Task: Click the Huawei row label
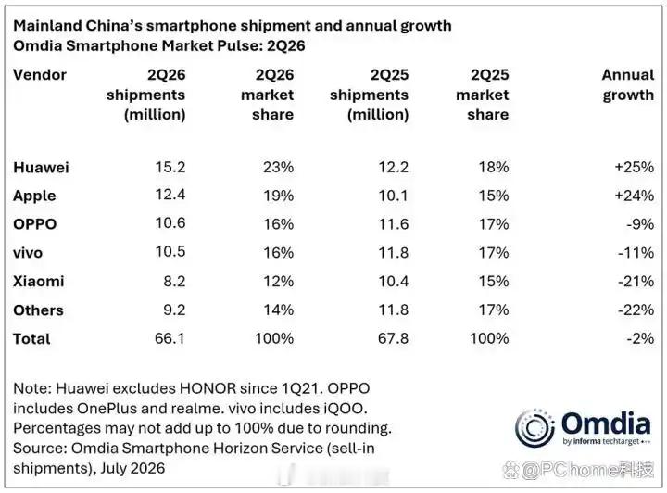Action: (x=41, y=167)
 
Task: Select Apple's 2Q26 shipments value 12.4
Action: (x=170, y=195)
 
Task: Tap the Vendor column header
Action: (x=40, y=75)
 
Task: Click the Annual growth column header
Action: (x=628, y=84)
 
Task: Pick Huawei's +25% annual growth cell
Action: (x=635, y=167)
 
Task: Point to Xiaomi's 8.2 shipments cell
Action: (x=174, y=281)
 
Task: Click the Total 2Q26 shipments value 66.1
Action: (x=170, y=338)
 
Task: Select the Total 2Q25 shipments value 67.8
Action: (x=393, y=338)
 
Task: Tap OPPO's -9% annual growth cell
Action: (x=640, y=223)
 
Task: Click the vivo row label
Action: (x=28, y=253)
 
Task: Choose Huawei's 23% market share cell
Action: (x=278, y=167)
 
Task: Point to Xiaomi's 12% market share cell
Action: (x=278, y=281)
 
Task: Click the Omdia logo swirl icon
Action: (x=535, y=428)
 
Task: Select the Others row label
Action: (x=38, y=310)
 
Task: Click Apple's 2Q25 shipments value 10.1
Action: (x=394, y=196)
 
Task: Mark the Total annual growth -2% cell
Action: (x=640, y=338)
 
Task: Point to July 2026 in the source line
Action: (x=132, y=468)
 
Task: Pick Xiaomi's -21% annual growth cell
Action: (x=636, y=281)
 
